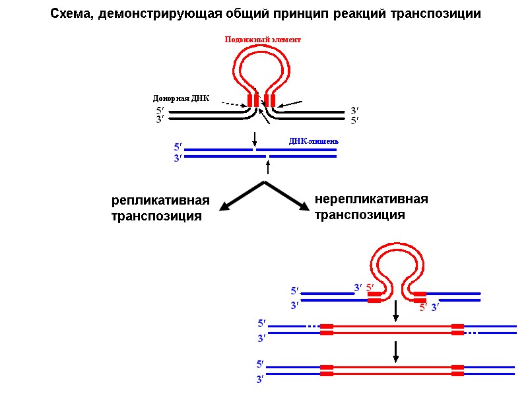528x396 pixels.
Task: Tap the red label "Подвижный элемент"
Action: [x=263, y=40]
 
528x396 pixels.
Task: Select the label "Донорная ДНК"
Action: [x=181, y=99]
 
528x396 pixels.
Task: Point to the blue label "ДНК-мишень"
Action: [x=314, y=141]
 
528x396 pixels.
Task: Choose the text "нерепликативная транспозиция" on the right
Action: [x=372, y=207]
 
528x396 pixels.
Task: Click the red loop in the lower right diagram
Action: [x=394, y=261]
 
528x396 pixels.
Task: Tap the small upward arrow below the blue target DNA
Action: [x=268, y=166]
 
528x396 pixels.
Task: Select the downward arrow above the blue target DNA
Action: [x=255, y=139]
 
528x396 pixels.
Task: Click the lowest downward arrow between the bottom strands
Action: [x=395, y=352]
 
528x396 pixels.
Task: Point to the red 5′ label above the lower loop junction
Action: [x=370, y=287]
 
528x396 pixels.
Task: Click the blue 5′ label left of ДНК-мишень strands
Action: [x=178, y=146]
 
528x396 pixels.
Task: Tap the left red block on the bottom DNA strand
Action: [x=326, y=370]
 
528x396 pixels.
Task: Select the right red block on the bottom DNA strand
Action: [x=457, y=370]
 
